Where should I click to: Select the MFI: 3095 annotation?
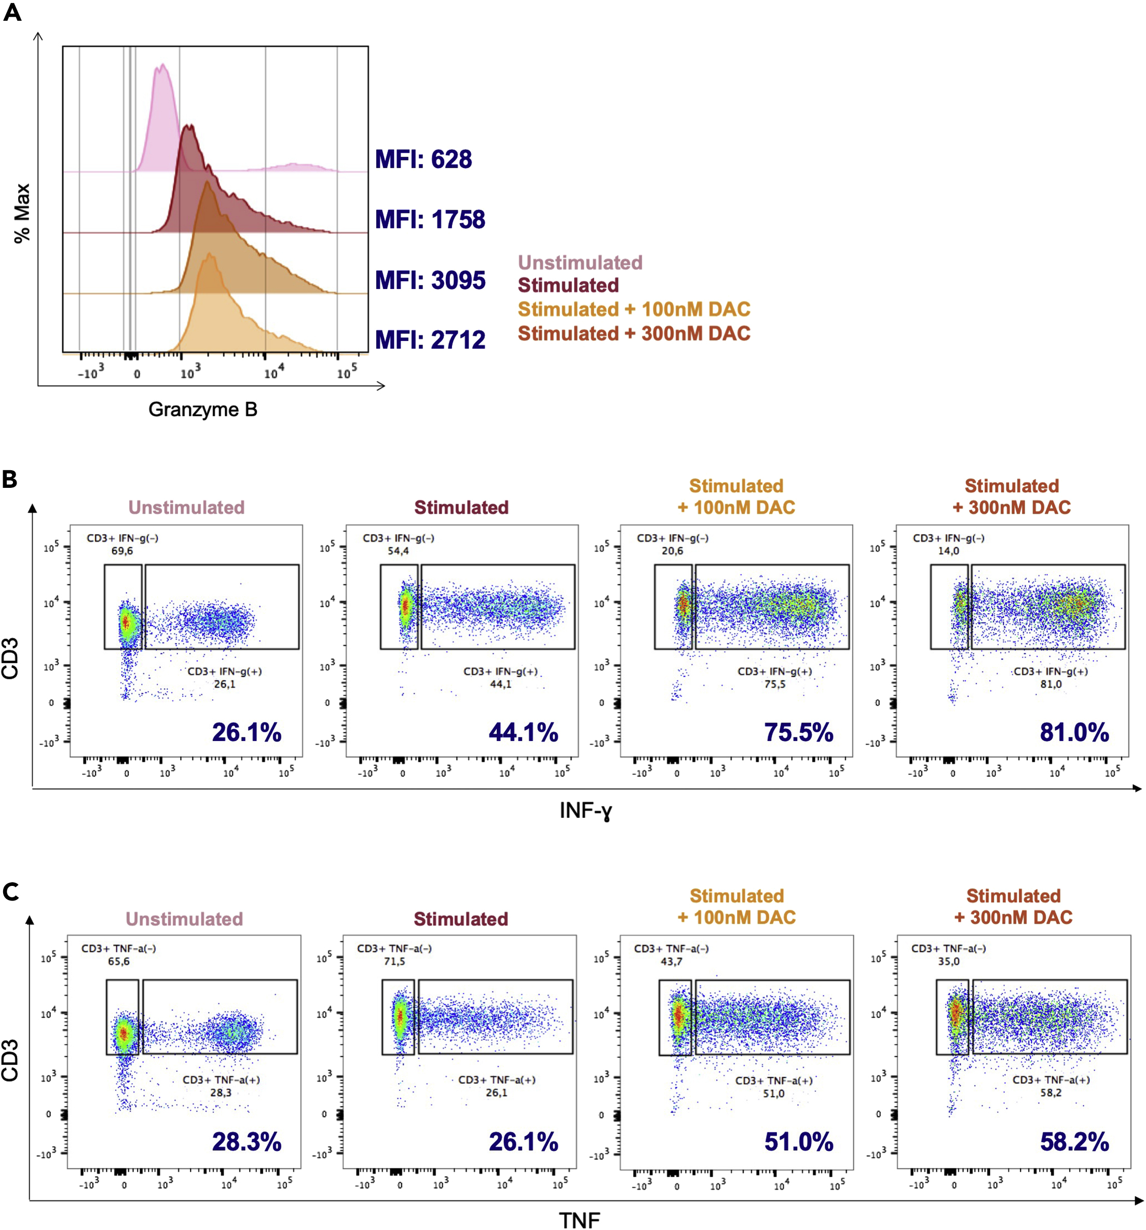pos(430,280)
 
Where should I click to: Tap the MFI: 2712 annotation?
pos(430,339)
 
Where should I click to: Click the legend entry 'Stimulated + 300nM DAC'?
pos(634,334)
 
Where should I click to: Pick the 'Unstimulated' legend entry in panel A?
pos(580,262)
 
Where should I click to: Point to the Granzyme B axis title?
pos(202,409)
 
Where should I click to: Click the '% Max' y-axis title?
pos(22,213)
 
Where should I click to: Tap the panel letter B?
pos(10,479)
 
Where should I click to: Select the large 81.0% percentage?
pos(1074,733)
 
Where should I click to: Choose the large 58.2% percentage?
pos(1074,1142)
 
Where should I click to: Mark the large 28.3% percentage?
pos(247,1142)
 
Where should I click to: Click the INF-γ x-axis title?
pos(585,811)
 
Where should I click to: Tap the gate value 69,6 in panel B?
pos(122,551)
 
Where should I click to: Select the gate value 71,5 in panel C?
pos(394,962)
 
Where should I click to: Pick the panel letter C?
pos(10,892)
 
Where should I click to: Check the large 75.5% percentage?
pos(798,733)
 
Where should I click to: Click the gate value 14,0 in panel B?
pos(948,551)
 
